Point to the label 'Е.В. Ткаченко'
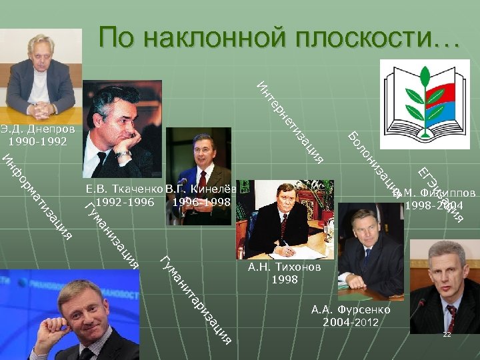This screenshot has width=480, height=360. [124, 189]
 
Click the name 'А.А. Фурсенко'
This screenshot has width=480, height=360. [351, 310]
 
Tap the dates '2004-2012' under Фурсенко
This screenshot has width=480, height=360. [351, 323]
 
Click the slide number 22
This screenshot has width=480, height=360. [447, 334]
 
